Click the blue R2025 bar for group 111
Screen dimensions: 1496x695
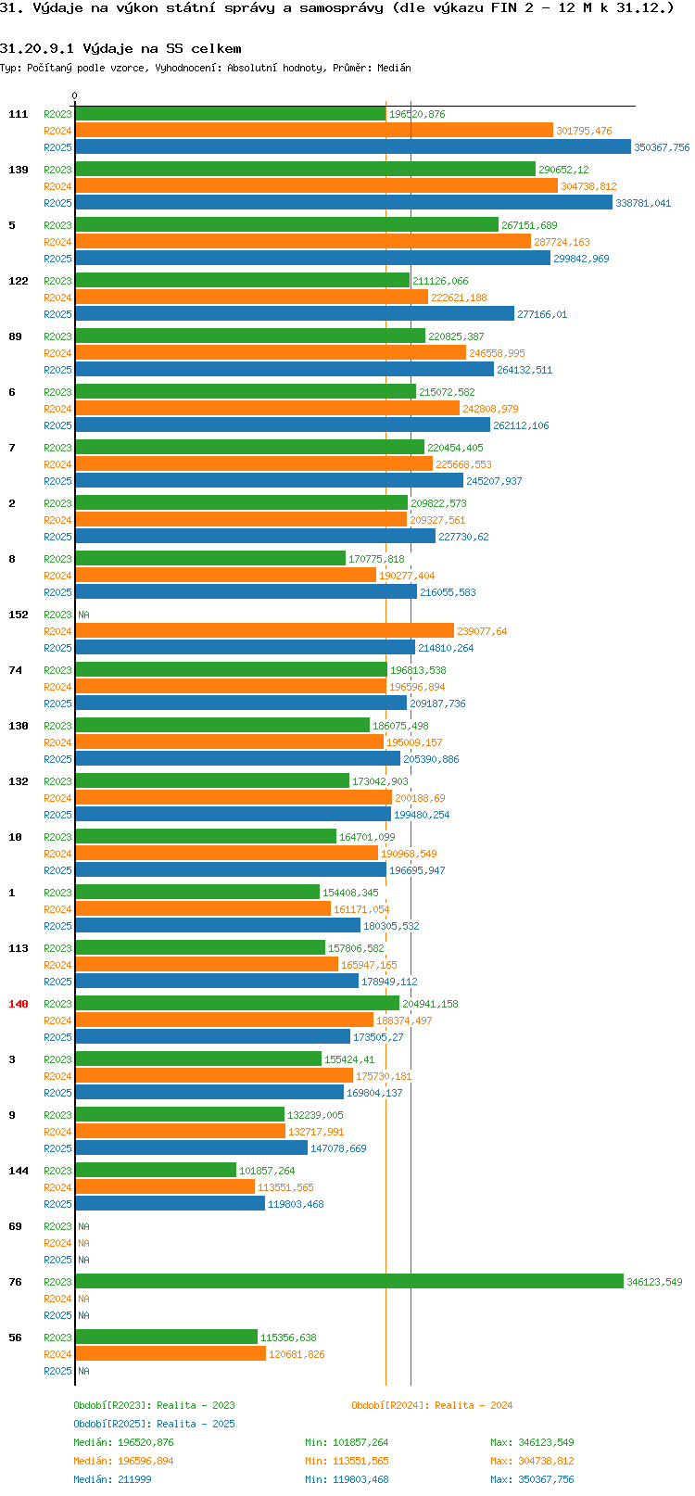[353, 147]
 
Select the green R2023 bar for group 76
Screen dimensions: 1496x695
[349, 1282]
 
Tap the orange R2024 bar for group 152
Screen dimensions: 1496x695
[264, 631]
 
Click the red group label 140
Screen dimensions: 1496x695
[19, 1004]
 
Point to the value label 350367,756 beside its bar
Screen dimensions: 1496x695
[662, 147]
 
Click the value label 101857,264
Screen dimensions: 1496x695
[267, 1171]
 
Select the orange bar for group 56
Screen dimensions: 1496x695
[171, 1354]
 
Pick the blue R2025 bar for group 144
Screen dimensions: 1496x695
[170, 1204]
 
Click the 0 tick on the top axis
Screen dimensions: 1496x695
[75, 95]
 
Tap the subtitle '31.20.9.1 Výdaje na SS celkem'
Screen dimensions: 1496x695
[120, 48]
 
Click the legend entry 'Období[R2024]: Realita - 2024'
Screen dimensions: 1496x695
[432, 1405]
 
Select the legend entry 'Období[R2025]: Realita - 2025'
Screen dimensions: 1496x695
[154, 1424]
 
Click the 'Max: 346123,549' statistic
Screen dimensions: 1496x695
[532, 1442]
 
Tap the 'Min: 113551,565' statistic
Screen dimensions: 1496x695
[347, 1461]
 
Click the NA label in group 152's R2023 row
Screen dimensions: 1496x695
[83, 615]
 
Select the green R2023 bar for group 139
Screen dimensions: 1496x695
[305, 170]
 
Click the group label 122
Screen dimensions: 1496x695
[19, 281]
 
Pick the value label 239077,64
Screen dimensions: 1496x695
[482, 631]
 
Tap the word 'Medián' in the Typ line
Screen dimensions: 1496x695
[395, 68]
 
